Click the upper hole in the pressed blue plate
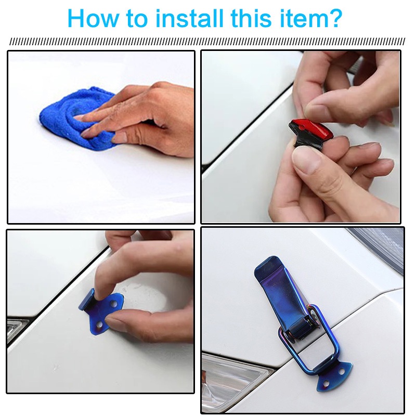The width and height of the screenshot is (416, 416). [114, 303]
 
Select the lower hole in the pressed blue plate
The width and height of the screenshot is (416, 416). [99, 324]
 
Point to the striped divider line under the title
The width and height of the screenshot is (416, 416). [207, 42]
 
